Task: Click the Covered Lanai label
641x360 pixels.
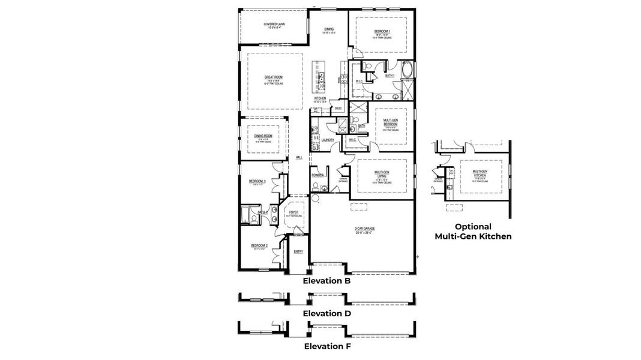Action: [274, 25]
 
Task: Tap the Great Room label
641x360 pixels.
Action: [274, 77]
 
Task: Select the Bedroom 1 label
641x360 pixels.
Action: [382, 31]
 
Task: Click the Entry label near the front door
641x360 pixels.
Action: [298, 251]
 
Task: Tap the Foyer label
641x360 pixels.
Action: [294, 212]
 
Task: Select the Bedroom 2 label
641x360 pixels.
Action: [259, 246]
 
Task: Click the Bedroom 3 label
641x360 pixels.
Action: [257, 181]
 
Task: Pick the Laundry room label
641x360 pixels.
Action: [328, 140]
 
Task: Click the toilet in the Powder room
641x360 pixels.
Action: [315, 187]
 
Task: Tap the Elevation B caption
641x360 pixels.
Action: [327, 280]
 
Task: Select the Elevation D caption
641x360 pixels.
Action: [327, 313]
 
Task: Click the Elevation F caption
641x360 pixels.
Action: [327, 346]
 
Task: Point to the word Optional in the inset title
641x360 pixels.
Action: [473, 227]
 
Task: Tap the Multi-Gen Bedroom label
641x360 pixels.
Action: [391, 122]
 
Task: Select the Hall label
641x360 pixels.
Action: [298, 157]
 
